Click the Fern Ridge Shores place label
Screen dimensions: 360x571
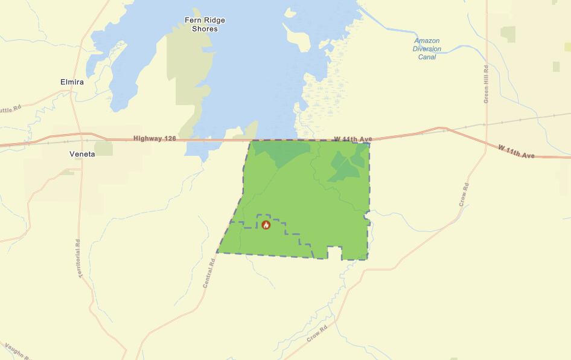pyautogui.click(x=205, y=24)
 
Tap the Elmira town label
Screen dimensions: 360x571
pyautogui.click(x=72, y=82)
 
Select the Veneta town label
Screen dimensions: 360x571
pyautogui.click(x=82, y=154)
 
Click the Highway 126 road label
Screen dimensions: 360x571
pyautogui.click(x=155, y=138)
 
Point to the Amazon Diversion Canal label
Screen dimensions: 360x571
pyautogui.click(x=427, y=48)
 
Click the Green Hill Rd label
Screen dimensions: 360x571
pyautogui.click(x=486, y=84)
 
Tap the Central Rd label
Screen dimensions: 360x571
pyautogui.click(x=209, y=272)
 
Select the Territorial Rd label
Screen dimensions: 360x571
pyautogui.click(x=78, y=259)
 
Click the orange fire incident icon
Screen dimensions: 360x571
pyautogui.click(x=266, y=225)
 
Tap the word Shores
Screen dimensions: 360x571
pyautogui.click(x=205, y=28)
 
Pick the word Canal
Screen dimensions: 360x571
pyautogui.click(x=427, y=57)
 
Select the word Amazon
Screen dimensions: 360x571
pyautogui.click(x=427, y=40)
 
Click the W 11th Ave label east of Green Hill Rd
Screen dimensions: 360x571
pyautogui.click(x=516, y=152)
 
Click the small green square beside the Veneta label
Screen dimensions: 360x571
pyautogui.click(x=103, y=148)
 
